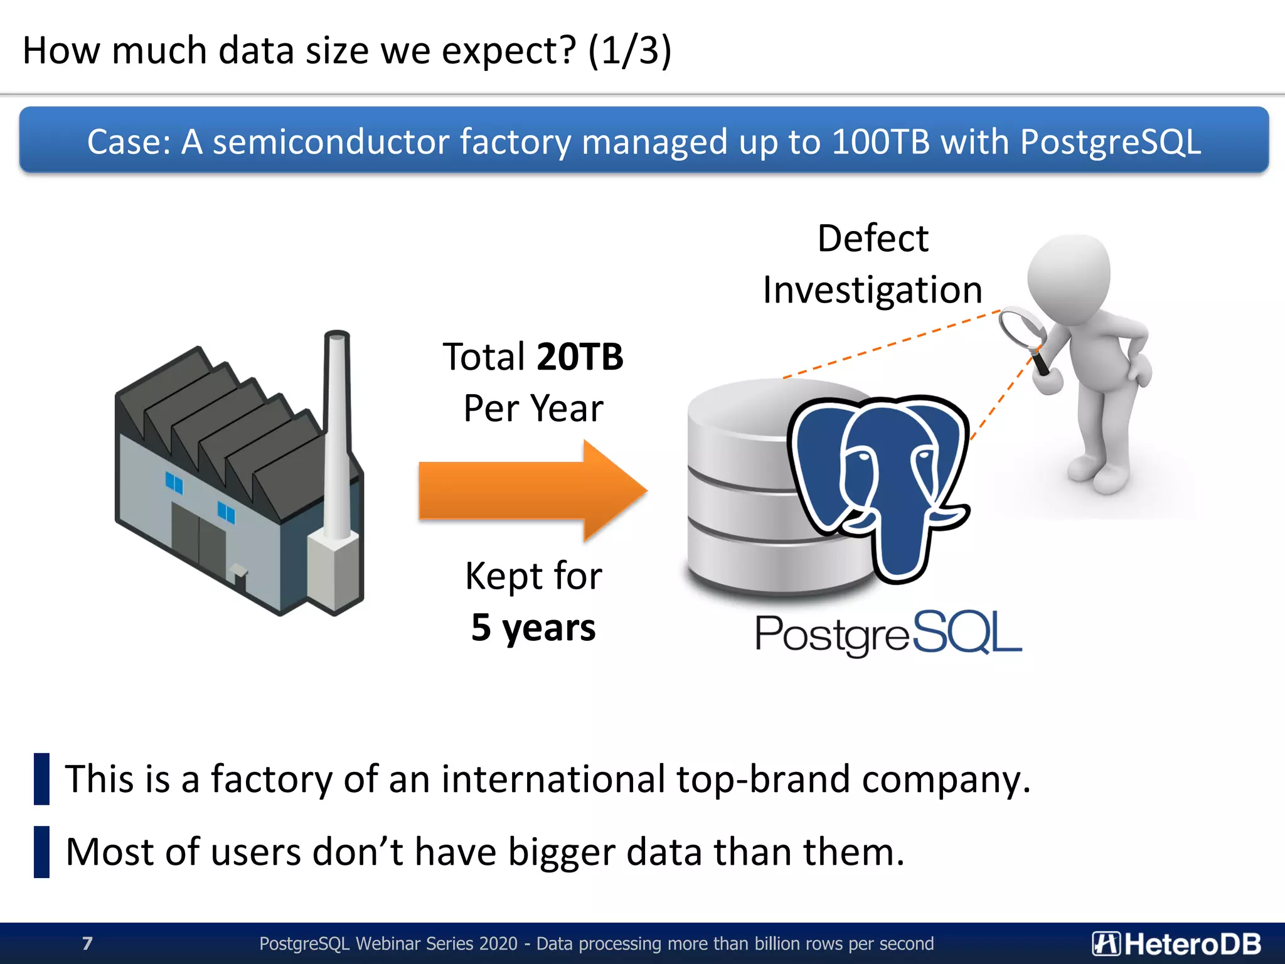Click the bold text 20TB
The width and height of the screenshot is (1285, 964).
(x=580, y=357)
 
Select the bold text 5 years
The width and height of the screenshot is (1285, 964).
(x=533, y=627)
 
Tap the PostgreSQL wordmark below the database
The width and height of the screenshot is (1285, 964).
(x=888, y=633)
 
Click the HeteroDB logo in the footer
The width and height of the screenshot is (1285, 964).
(x=1176, y=943)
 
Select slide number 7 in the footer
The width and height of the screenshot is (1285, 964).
(x=87, y=943)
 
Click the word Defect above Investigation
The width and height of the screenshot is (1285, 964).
(x=873, y=238)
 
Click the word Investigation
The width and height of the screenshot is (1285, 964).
(x=872, y=290)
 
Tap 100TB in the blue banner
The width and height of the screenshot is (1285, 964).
(x=880, y=142)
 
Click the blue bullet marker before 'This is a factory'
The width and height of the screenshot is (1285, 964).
(x=41, y=779)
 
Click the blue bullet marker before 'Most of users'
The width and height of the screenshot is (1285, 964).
(x=41, y=852)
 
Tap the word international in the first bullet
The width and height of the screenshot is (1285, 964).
(x=553, y=779)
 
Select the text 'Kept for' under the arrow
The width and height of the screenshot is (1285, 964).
(x=533, y=576)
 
